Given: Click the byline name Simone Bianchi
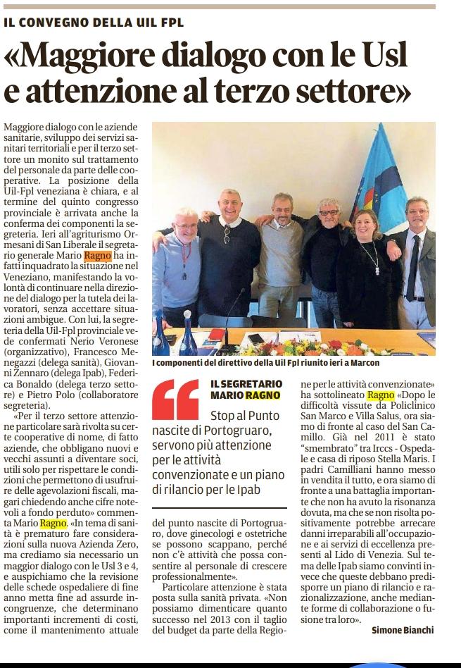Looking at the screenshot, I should pos(403,630).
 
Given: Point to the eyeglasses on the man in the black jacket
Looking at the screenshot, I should pos(329,212).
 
